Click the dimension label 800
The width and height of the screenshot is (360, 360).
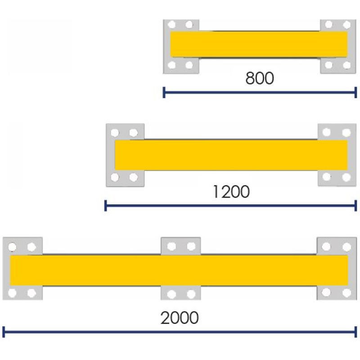coord(260,78)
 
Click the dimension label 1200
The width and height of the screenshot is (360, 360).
coord(231,192)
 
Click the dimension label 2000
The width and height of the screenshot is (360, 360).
coord(180,318)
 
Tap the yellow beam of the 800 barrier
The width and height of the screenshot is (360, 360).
coord(259,44)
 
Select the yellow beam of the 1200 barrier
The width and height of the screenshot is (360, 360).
coord(231,155)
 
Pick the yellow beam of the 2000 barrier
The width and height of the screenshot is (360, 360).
coord(179,270)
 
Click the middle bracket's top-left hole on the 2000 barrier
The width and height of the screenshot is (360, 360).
coord(171,247)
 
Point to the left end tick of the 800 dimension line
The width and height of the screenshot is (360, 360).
coord(164,92)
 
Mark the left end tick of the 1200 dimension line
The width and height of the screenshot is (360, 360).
coord(106,206)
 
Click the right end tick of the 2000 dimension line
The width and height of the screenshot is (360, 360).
coord(355,332)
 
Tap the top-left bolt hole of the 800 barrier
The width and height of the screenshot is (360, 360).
coord(171,24)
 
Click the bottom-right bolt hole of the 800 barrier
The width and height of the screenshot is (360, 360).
coord(346,65)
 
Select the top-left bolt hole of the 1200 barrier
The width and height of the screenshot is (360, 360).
coord(115,133)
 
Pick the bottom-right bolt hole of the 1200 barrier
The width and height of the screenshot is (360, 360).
coord(346,177)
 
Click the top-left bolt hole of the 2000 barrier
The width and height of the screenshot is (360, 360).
coord(12,247)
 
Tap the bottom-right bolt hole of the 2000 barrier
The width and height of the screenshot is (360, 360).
coord(346,293)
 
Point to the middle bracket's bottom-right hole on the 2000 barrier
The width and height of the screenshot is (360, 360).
coord(191,294)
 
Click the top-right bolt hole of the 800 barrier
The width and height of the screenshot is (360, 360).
coord(346,25)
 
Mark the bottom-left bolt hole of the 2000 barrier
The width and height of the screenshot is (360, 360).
coord(12,293)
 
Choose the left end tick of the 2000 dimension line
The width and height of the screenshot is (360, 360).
coord(4,332)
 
